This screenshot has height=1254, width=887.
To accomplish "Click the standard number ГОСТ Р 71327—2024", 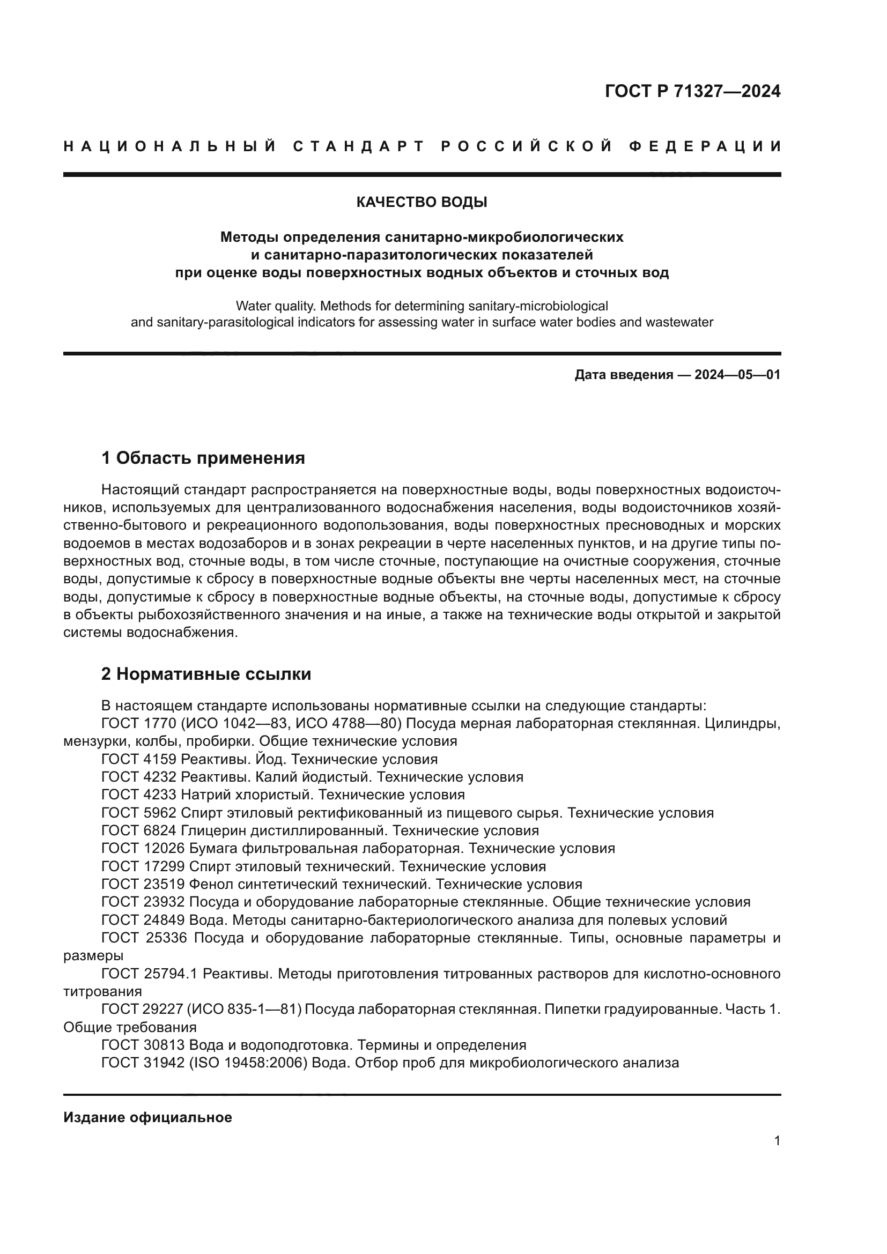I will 692,91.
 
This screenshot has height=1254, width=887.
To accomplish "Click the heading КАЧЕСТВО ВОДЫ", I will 422,203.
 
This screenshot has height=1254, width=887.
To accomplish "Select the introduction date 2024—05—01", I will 737,375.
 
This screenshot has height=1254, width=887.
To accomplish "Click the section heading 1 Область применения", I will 203,458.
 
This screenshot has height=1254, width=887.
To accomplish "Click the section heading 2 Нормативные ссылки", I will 206,674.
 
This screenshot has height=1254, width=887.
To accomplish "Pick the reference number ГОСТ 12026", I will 143,848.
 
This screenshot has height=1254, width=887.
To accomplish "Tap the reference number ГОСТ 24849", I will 143,921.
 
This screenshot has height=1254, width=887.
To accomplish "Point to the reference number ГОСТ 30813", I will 143,1045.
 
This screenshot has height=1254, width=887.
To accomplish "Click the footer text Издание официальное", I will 147,1117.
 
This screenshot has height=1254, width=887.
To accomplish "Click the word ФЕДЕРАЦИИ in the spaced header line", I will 705,147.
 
